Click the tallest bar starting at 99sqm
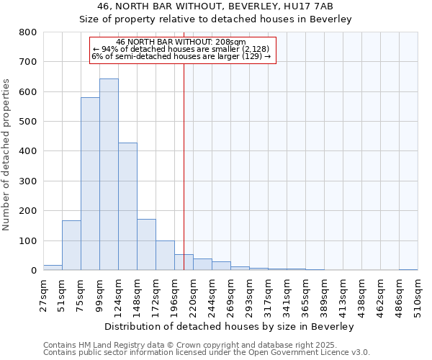tap(109, 174)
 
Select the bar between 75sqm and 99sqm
tap(90, 184)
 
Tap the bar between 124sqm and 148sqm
tap(127, 207)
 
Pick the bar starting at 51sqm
tap(71, 246)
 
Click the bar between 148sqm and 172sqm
tap(146, 245)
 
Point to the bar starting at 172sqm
tap(165, 256)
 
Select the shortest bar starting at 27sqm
tap(53, 268)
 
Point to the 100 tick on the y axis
tap(27, 240)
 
